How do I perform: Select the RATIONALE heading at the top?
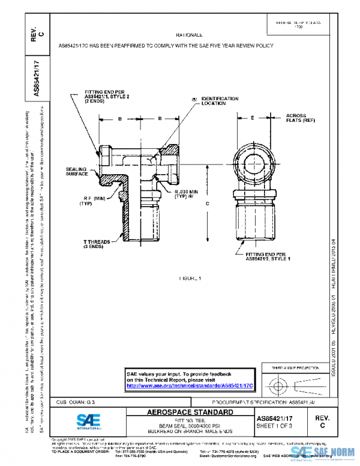click(190, 36)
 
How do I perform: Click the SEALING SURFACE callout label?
click(77, 172)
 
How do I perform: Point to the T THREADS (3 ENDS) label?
click(95, 244)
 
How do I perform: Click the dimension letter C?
click(207, 204)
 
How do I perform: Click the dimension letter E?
click(252, 118)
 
